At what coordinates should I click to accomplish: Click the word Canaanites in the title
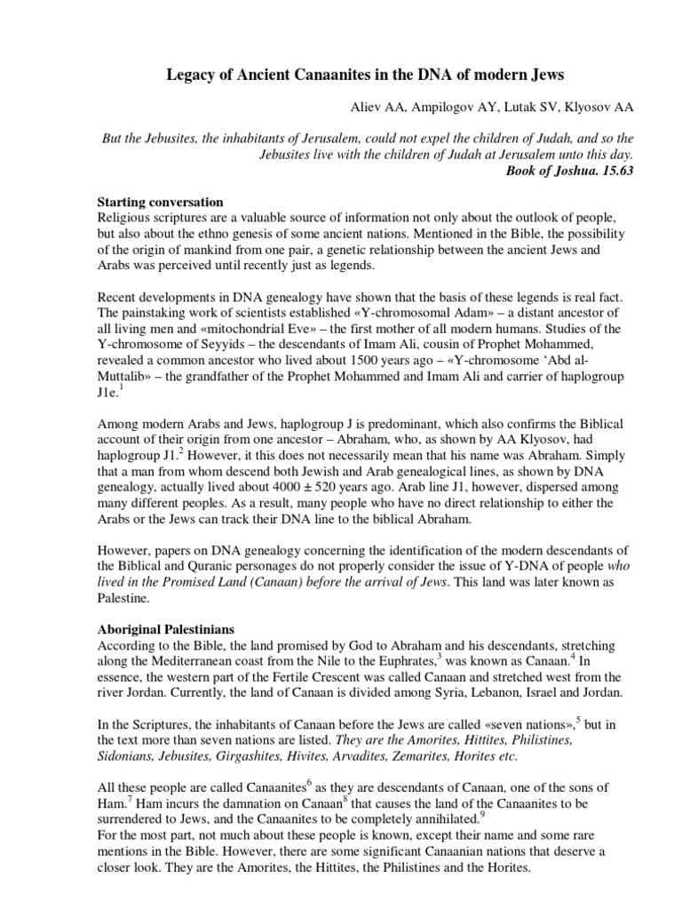pos(321,77)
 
